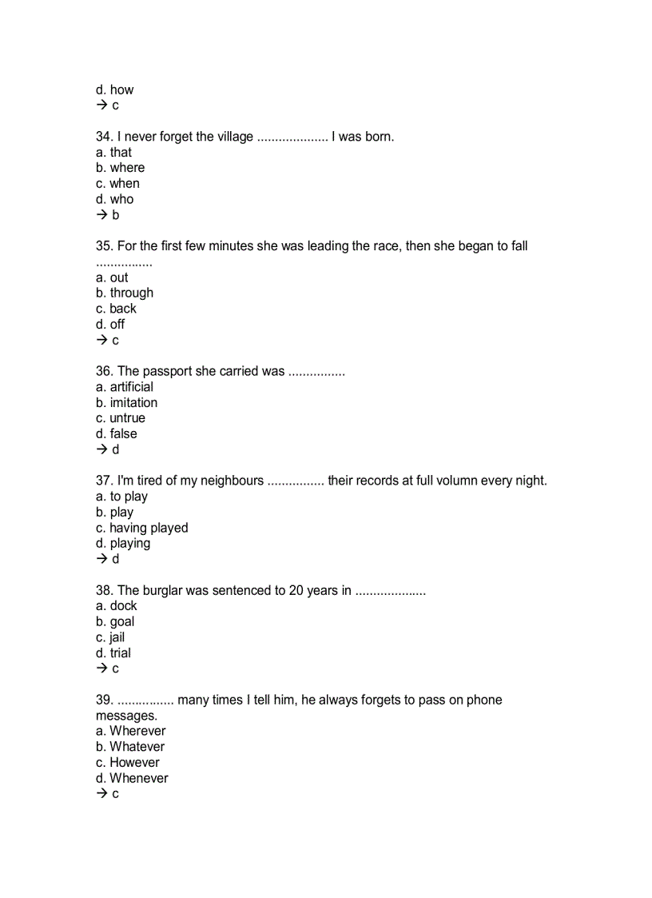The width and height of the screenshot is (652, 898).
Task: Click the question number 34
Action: [103, 137]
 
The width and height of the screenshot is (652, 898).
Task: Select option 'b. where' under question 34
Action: [120, 168]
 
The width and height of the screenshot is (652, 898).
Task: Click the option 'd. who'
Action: [114, 199]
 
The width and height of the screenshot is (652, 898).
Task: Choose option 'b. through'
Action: [124, 293]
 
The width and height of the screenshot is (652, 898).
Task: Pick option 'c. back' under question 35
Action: [116, 309]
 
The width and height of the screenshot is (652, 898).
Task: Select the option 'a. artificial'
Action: [124, 387]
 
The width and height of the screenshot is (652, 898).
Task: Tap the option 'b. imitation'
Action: [126, 403]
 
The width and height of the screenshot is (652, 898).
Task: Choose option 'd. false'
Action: [116, 434]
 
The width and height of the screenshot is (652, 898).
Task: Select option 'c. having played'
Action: [141, 528]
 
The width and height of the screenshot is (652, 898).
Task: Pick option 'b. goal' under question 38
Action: [115, 622]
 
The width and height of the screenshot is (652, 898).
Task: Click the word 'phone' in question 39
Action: [483, 700]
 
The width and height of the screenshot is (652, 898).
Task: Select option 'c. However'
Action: [127, 763]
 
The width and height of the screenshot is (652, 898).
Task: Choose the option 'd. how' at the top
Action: [114, 90]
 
